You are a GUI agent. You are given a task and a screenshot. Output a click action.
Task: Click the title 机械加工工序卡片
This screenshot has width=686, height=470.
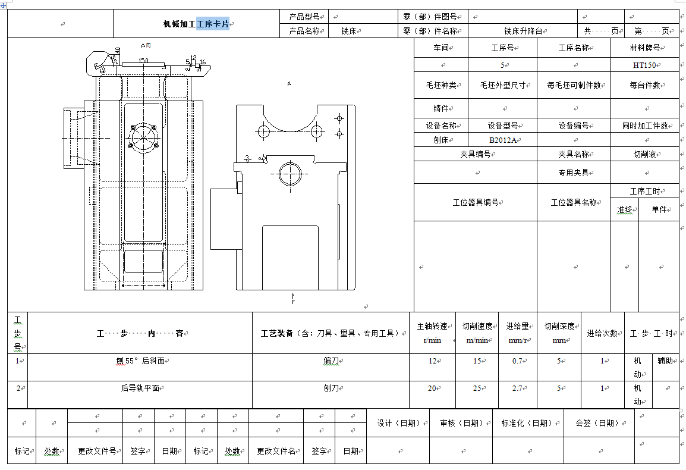197,24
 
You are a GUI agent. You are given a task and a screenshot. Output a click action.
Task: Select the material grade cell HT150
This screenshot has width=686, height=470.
644,65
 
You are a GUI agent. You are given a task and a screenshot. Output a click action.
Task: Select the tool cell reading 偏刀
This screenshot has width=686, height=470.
331,361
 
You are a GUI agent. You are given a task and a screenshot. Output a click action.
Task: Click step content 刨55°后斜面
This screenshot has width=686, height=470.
140,361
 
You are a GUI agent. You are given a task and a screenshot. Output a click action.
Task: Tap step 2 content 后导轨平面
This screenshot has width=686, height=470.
140,388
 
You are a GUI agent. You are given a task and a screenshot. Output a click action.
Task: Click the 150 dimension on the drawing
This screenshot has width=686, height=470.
143,61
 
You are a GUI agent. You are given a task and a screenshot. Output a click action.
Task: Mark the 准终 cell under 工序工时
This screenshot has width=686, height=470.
624,210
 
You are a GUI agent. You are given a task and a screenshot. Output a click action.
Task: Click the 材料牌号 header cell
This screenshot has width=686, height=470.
644,48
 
